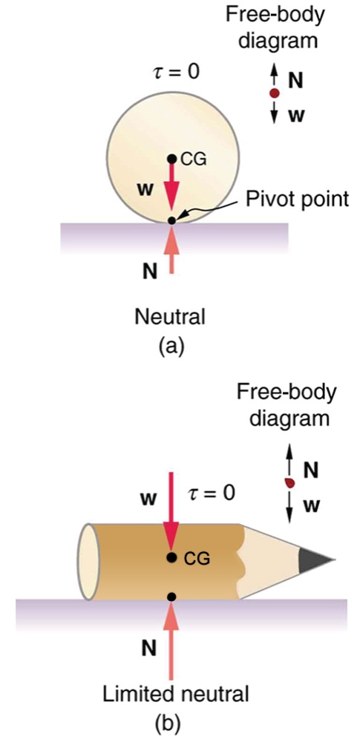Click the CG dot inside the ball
pyautogui.click(x=171, y=158)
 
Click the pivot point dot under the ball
pyautogui.click(x=171, y=220)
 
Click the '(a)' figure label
pyautogui.click(x=171, y=345)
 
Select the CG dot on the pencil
pyautogui.click(x=171, y=557)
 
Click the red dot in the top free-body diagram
pyautogui.click(x=274, y=94)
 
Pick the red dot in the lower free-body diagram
pyautogui.click(x=289, y=483)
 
